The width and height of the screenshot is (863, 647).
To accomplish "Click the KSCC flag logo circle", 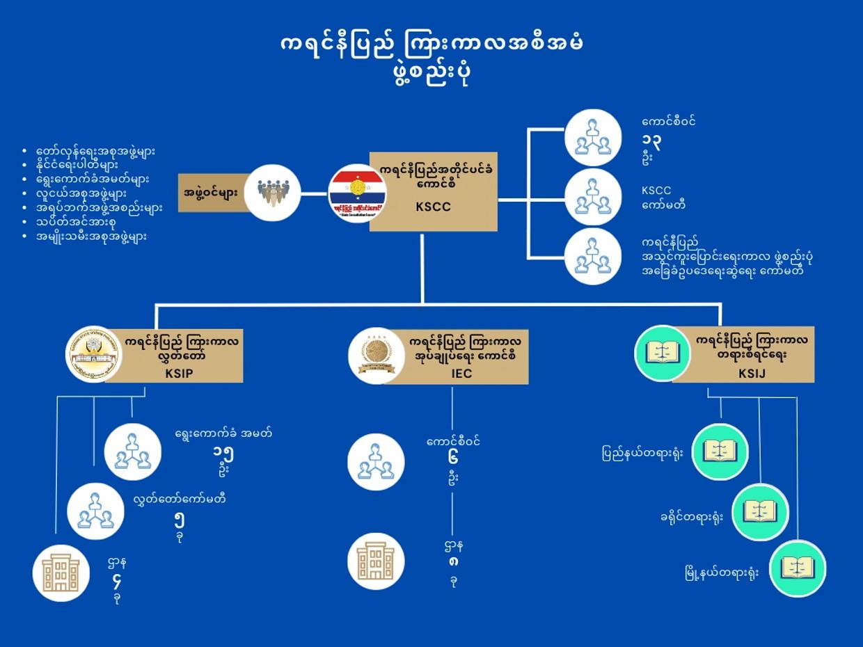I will click(x=357, y=193).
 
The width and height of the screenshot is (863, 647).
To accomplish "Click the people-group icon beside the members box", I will click(x=272, y=193).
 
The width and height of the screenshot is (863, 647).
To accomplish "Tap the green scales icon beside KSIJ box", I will click(x=662, y=353).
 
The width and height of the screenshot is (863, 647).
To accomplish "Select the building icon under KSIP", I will click(x=61, y=573).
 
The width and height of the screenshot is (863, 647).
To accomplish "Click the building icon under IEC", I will click(x=376, y=561).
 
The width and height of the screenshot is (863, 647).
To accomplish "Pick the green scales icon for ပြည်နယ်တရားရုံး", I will click(x=720, y=452).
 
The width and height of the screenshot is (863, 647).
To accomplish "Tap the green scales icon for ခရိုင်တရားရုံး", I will click(x=759, y=512).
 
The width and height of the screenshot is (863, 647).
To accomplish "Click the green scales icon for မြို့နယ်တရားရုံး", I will click(x=798, y=568).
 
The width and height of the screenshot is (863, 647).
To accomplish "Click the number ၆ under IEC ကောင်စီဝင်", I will click(x=452, y=460).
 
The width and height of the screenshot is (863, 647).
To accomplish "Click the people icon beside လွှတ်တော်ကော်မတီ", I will click(x=95, y=511).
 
